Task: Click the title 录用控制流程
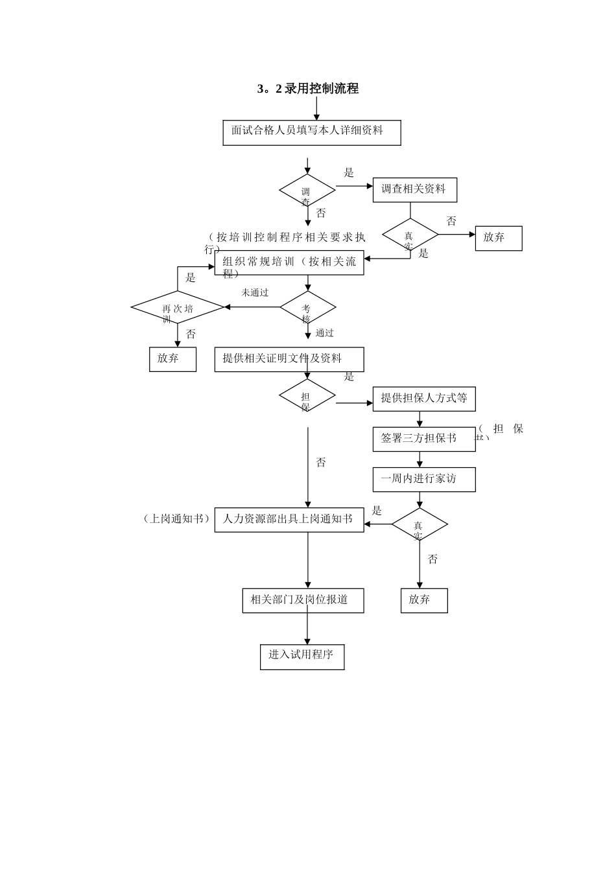click(x=308, y=89)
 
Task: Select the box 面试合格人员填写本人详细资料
click(x=311, y=132)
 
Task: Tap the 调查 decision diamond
click(x=307, y=191)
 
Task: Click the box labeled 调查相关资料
click(x=414, y=190)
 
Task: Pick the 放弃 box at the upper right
click(x=498, y=238)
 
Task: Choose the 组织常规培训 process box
click(x=289, y=262)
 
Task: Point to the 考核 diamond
click(x=307, y=307)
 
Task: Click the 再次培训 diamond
click(x=177, y=307)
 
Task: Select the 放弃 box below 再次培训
click(x=172, y=359)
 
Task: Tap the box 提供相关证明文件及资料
click(x=289, y=359)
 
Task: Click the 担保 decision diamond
click(x=307, y=395)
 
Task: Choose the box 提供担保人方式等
click(x=423, y=399)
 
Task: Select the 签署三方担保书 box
click(x=419, y=439)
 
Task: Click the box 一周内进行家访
click(x=423, y=480)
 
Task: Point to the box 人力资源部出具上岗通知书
click(x=289, y=520)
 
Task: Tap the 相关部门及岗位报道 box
click(x=303, y=600)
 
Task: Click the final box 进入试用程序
click(x=302, y=656)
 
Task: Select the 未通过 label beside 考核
click(x=255, y=293)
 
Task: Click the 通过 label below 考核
click(x=325, y=333)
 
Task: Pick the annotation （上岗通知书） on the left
click(x=176, y=519)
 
